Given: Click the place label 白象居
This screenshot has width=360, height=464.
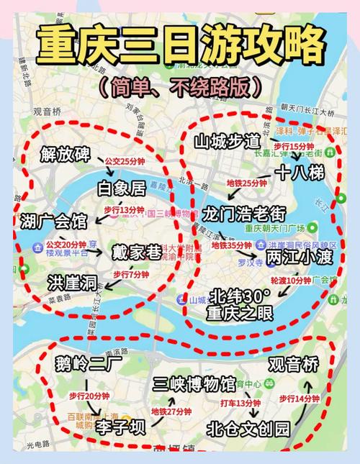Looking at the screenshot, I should pos(121,188).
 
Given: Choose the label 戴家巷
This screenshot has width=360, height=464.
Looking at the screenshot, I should pos(135,252).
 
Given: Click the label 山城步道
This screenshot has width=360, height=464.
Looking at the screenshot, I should pos(232,141).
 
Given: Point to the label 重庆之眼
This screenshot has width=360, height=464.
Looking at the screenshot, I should pos(239,314).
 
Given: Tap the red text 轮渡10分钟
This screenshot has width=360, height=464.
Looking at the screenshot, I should pos(293,281).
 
